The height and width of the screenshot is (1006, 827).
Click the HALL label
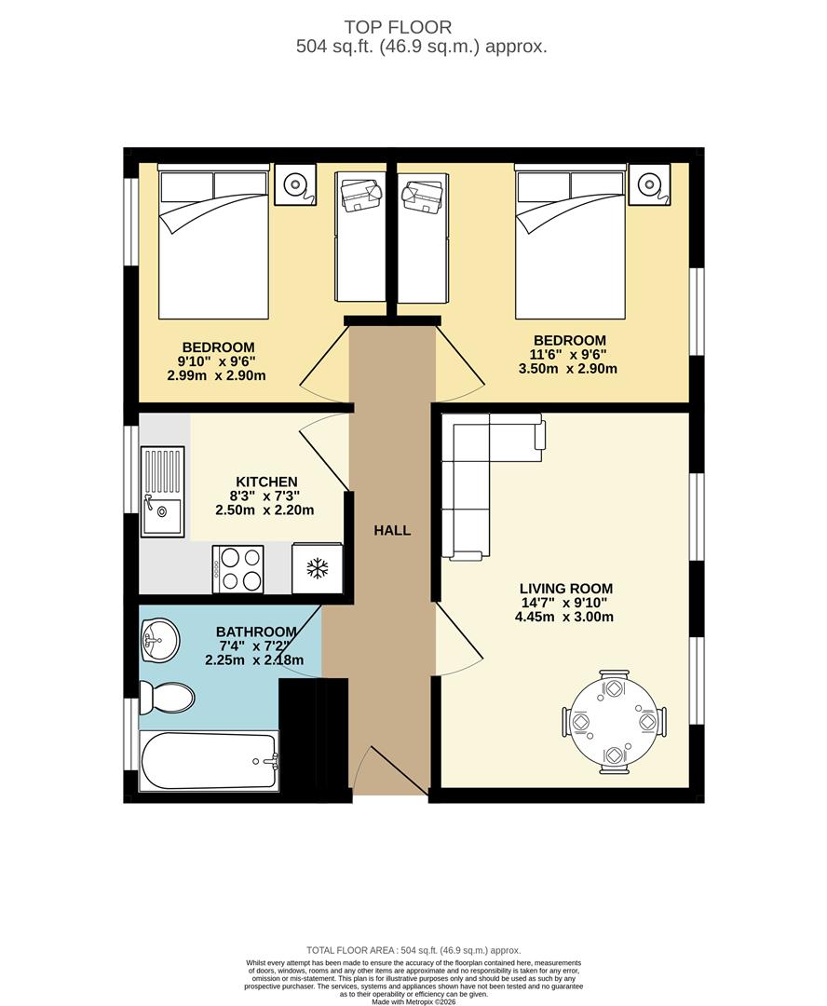pyautogui.click(x=392, y=530)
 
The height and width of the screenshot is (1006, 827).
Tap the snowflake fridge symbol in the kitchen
pyautogui.click(x=317, y=568)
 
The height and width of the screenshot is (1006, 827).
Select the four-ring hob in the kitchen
pyautogui.click(x=238, y=568)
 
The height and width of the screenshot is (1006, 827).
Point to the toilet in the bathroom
pyautogui.click(x=167, y=696)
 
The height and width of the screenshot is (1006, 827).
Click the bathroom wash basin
pyautogui.click(x=159, y=640)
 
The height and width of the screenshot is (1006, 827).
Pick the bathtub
pyautogui.click(x=209, y=761)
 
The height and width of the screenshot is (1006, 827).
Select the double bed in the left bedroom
pyautogui.click(x=213, y=244)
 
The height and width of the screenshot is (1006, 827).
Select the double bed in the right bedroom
pyautogui.click(x=570, y=244)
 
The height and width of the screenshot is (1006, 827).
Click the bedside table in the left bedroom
pyautogui.click(x=295, y=184)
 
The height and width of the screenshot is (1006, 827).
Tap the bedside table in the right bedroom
pyautogui.click(x=648, y=184)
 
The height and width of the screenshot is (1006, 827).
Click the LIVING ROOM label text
pyautogui.click(x=566, y=589)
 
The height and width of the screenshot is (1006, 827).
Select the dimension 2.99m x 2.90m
pyautogui.click(x=217, y=375)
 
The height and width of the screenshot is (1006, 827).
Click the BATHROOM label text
pyautogui.click(x=256, y=632)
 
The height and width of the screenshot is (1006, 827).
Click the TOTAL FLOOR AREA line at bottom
pyautogui.click(x=413, y=949)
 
